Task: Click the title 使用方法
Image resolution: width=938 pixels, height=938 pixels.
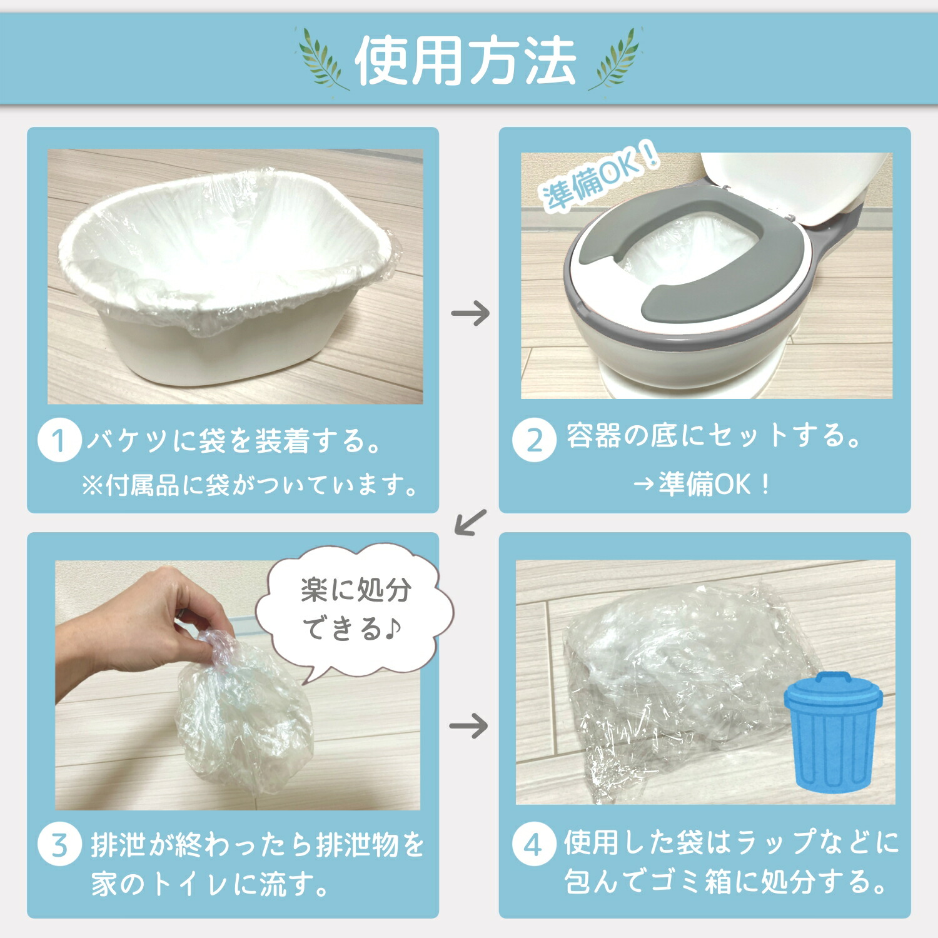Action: [465, 61]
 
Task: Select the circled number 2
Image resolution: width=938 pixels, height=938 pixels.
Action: [533, 440]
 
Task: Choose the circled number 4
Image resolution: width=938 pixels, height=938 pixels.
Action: [533, 845]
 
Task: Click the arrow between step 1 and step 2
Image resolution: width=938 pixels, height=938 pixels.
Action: [470, 313]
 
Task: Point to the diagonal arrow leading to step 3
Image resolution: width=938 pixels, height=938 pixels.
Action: [470, 522]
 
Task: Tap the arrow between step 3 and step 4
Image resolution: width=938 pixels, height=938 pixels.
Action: [469, 725]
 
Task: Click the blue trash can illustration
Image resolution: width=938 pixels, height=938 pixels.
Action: [833, 729]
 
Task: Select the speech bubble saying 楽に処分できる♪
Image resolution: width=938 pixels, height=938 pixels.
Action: [355, 610]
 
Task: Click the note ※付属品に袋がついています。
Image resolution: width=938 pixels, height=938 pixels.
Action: [250, 485]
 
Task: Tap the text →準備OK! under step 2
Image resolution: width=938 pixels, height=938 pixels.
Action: [703, 484]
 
